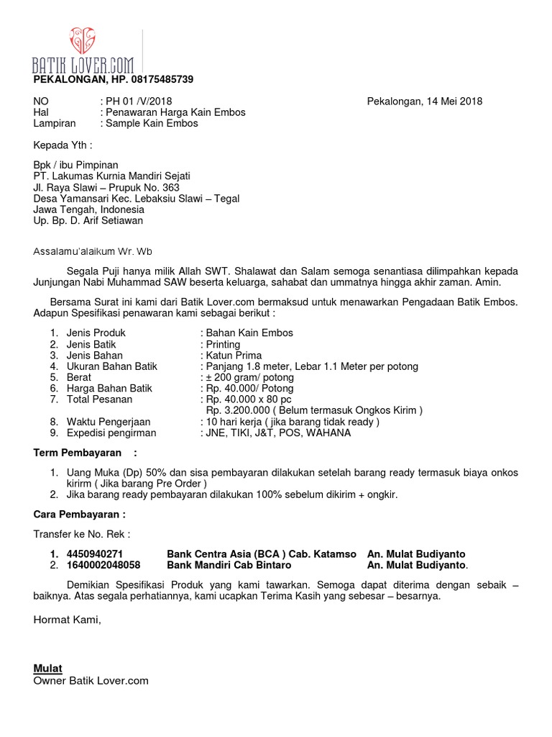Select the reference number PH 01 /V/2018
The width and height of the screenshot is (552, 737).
pyautogui.click(x=139, y=101)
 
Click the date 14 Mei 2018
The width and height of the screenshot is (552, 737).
pyautogui.click(x=451, y=101)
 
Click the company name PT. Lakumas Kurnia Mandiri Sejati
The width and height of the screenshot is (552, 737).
pyautogui.click(x=112, y=176)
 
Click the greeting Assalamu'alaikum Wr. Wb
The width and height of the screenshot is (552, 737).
pyautogui.click(x=93, y=252)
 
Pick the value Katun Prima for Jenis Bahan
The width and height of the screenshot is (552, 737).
pyautogui.click(x=234, y=356)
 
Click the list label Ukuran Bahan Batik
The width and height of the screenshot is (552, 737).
pyautogui.click(x=111, y=366)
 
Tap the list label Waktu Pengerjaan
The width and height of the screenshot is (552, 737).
pyautogui.click(x=109, y=422)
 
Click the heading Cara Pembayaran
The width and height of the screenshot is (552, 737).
pyautogui.click(x=80, y=515)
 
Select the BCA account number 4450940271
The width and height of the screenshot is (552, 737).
pyautogui.click(x=94, y=554)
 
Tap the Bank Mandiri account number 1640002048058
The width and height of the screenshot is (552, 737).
pyautogui.click(x=103, y=565)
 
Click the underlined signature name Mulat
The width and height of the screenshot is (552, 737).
pyautogui.click(x=48, y=669)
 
